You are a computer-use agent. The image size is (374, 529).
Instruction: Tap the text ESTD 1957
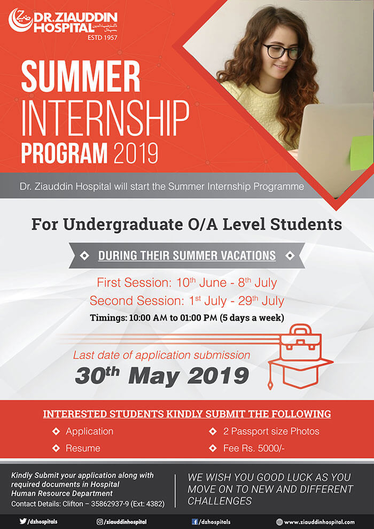coord(102,37)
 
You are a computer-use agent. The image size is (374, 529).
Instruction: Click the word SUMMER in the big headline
coord(81,76)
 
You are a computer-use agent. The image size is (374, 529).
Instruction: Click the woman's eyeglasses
coord(282,52)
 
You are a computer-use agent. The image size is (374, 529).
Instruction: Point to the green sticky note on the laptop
coord(362,153)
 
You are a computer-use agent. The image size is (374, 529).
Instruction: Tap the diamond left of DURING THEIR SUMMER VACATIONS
coord(84,256)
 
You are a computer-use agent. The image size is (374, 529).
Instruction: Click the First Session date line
coord(187,282)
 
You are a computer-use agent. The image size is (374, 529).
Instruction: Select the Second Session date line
coord(187,301)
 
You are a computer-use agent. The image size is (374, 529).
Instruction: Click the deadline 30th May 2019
coord(162,376)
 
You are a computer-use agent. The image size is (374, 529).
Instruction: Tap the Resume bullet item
coord(83,448)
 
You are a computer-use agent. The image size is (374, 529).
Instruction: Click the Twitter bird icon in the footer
coord(22,521)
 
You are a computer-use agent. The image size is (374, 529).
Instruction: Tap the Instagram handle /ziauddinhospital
coord(125,522)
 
